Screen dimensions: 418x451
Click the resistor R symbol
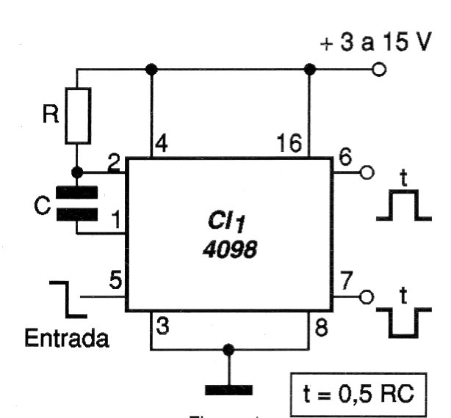coord(79,115)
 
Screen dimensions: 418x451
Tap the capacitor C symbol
coord(77,204)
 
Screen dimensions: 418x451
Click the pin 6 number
coord(344,157)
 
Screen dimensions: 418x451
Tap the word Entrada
coord(67,340)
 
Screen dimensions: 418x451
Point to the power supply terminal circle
coord(380,70)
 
